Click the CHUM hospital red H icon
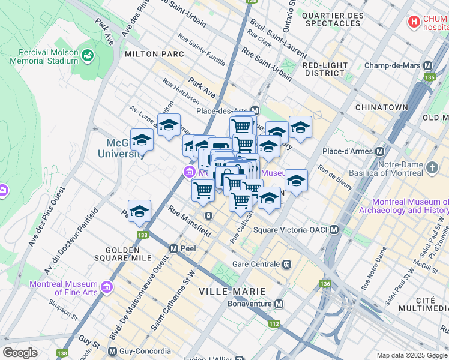(414, 22)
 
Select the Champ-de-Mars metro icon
(429, 65)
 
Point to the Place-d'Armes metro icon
(379, 151)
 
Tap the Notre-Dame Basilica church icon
(432, 166)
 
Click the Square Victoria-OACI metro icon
(334, 230)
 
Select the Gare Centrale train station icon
(287, 264)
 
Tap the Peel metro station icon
(173, 248)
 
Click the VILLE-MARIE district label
(232, 292)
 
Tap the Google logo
(20, 352)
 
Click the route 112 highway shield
(274, 325)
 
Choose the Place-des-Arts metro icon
(255, 111)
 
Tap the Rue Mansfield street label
(189, 220)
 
